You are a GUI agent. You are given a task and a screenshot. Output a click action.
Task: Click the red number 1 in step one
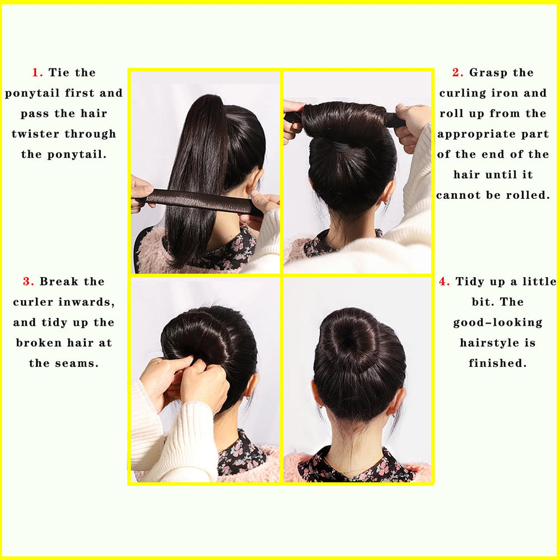tap(36, 72)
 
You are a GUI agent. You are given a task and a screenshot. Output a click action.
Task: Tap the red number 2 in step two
tap(456, 72)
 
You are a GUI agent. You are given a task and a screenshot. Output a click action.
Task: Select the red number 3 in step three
tap(27, 282)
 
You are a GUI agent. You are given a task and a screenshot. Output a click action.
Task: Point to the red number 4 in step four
tap(443, 282)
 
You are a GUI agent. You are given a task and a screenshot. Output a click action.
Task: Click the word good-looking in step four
tap(497, 323)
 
